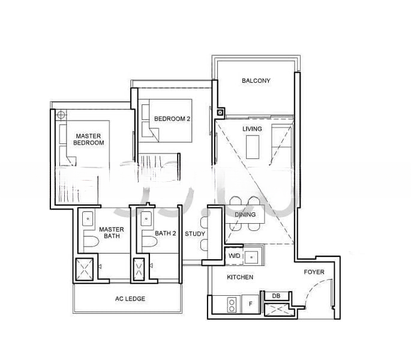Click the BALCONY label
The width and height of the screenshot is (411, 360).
click(256, 81)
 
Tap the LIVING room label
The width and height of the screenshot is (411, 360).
click(252, 129)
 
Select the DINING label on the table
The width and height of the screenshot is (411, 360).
click(245, 214)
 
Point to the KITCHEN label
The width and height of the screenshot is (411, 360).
click(240, 277)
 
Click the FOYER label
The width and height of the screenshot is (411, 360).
click(314, 272)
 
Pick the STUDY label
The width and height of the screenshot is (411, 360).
click(195, 233)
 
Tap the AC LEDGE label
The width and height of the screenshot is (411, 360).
click(130, 299)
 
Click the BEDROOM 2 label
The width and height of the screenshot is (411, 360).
click(172, 119)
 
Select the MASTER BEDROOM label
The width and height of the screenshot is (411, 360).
click(88, 139)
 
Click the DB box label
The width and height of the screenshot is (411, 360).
click(276, 296)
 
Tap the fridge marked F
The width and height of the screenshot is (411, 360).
click(250, 304)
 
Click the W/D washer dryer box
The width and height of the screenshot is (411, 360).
click(234, 256)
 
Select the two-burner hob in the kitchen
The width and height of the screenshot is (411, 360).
click(232, 305)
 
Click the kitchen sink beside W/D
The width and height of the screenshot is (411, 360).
click(251, 257)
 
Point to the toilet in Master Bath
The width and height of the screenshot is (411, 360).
click(91, 242)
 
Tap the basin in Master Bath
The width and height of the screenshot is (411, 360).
click(88, 218)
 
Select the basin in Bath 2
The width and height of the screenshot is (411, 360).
click(146, 218)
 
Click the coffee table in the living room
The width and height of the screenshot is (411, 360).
click(253, 147)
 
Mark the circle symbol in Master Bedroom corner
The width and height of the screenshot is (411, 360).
click(61, 115)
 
